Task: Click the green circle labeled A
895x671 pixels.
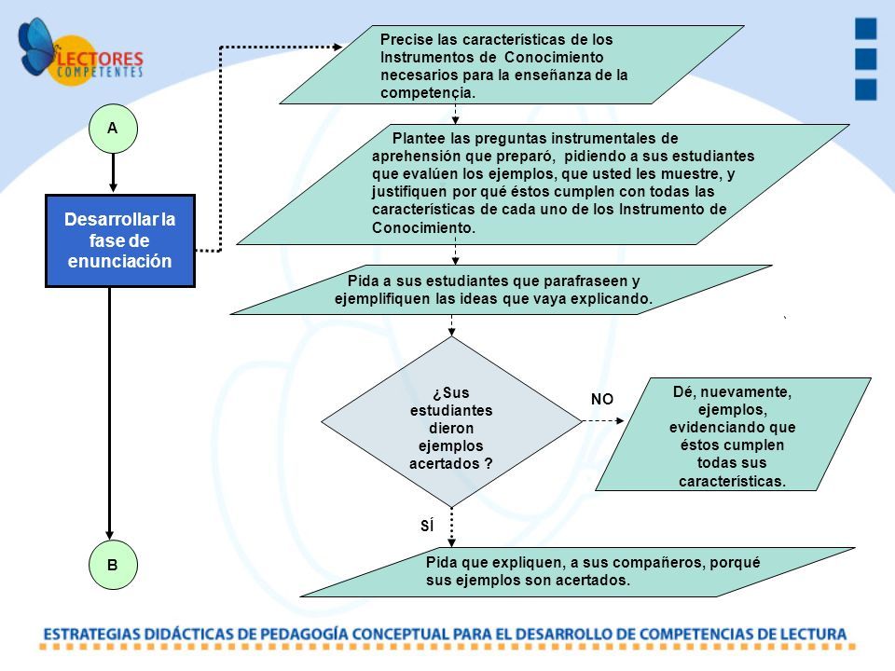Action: point(113,129)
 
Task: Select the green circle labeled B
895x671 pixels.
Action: point(113,565)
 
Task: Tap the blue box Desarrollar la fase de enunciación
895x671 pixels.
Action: point(120,240)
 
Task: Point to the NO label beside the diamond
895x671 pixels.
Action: point(602,400)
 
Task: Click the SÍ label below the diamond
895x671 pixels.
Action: point(427,526)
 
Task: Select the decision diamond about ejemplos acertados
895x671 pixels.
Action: point(451,421)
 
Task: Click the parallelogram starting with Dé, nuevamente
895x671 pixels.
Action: point(733,434)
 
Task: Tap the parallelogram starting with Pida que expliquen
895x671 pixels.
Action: point(577,572)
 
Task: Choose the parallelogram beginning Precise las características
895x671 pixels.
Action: point(512,64)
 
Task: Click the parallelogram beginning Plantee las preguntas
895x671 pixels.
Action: point(543,185)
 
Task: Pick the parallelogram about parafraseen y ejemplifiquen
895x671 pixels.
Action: point(501,290)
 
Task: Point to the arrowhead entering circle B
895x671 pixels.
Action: point(110,535)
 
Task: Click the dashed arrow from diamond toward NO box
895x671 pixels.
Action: point(603,421)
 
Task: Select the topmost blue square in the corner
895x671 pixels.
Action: point(865,29)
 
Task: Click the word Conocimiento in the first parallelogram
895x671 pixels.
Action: point(554,57)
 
